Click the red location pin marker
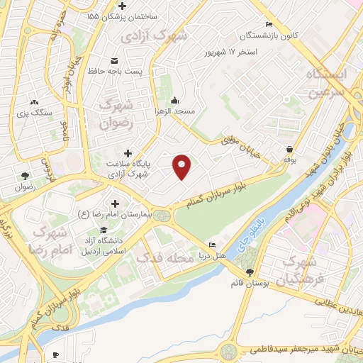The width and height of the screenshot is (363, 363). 182,166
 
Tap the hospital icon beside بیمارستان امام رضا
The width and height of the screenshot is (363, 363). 115,204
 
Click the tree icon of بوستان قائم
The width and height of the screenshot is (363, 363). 249,272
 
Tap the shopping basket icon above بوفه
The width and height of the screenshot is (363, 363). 291,150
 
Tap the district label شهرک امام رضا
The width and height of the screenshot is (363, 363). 48,240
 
